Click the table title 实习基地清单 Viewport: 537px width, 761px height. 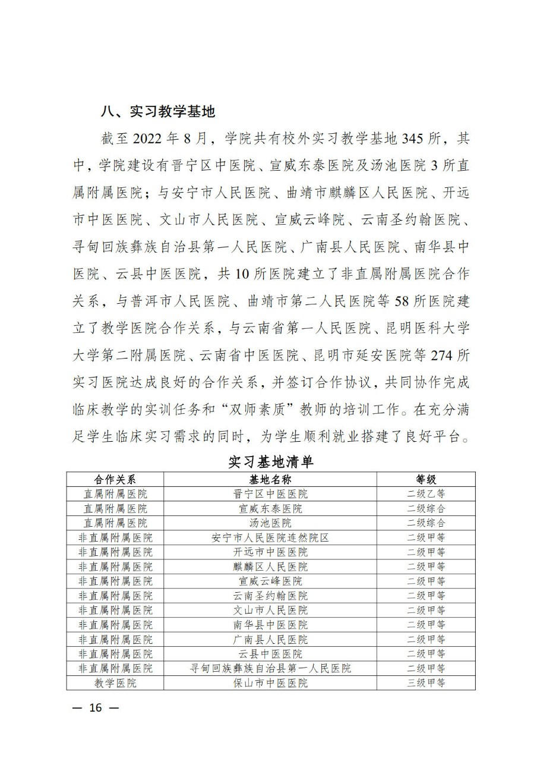tap(270, 462)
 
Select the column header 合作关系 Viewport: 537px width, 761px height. tap(115, 479)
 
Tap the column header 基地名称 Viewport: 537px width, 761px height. tap(270, 479)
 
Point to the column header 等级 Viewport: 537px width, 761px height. tap(425, 479)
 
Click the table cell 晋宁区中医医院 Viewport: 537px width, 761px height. tap(270, 494)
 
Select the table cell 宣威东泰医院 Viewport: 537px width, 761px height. tap(270, 508)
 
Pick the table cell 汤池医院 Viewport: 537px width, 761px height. tap(270, 523)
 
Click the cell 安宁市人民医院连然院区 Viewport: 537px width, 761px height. tap(270, 537)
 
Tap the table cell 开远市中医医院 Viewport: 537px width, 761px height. tap(270, 552)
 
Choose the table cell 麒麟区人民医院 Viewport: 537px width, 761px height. tap(270, 567)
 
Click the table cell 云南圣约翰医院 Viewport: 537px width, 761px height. tap(270, 596)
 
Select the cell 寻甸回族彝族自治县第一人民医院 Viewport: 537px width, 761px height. tap(270, 668)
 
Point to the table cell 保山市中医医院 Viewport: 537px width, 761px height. tap(270, 683)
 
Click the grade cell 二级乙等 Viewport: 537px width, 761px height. tap(425, 494)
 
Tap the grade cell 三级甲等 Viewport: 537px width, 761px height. tap(425, 683)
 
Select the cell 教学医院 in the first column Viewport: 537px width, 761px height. tap(115, 683)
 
